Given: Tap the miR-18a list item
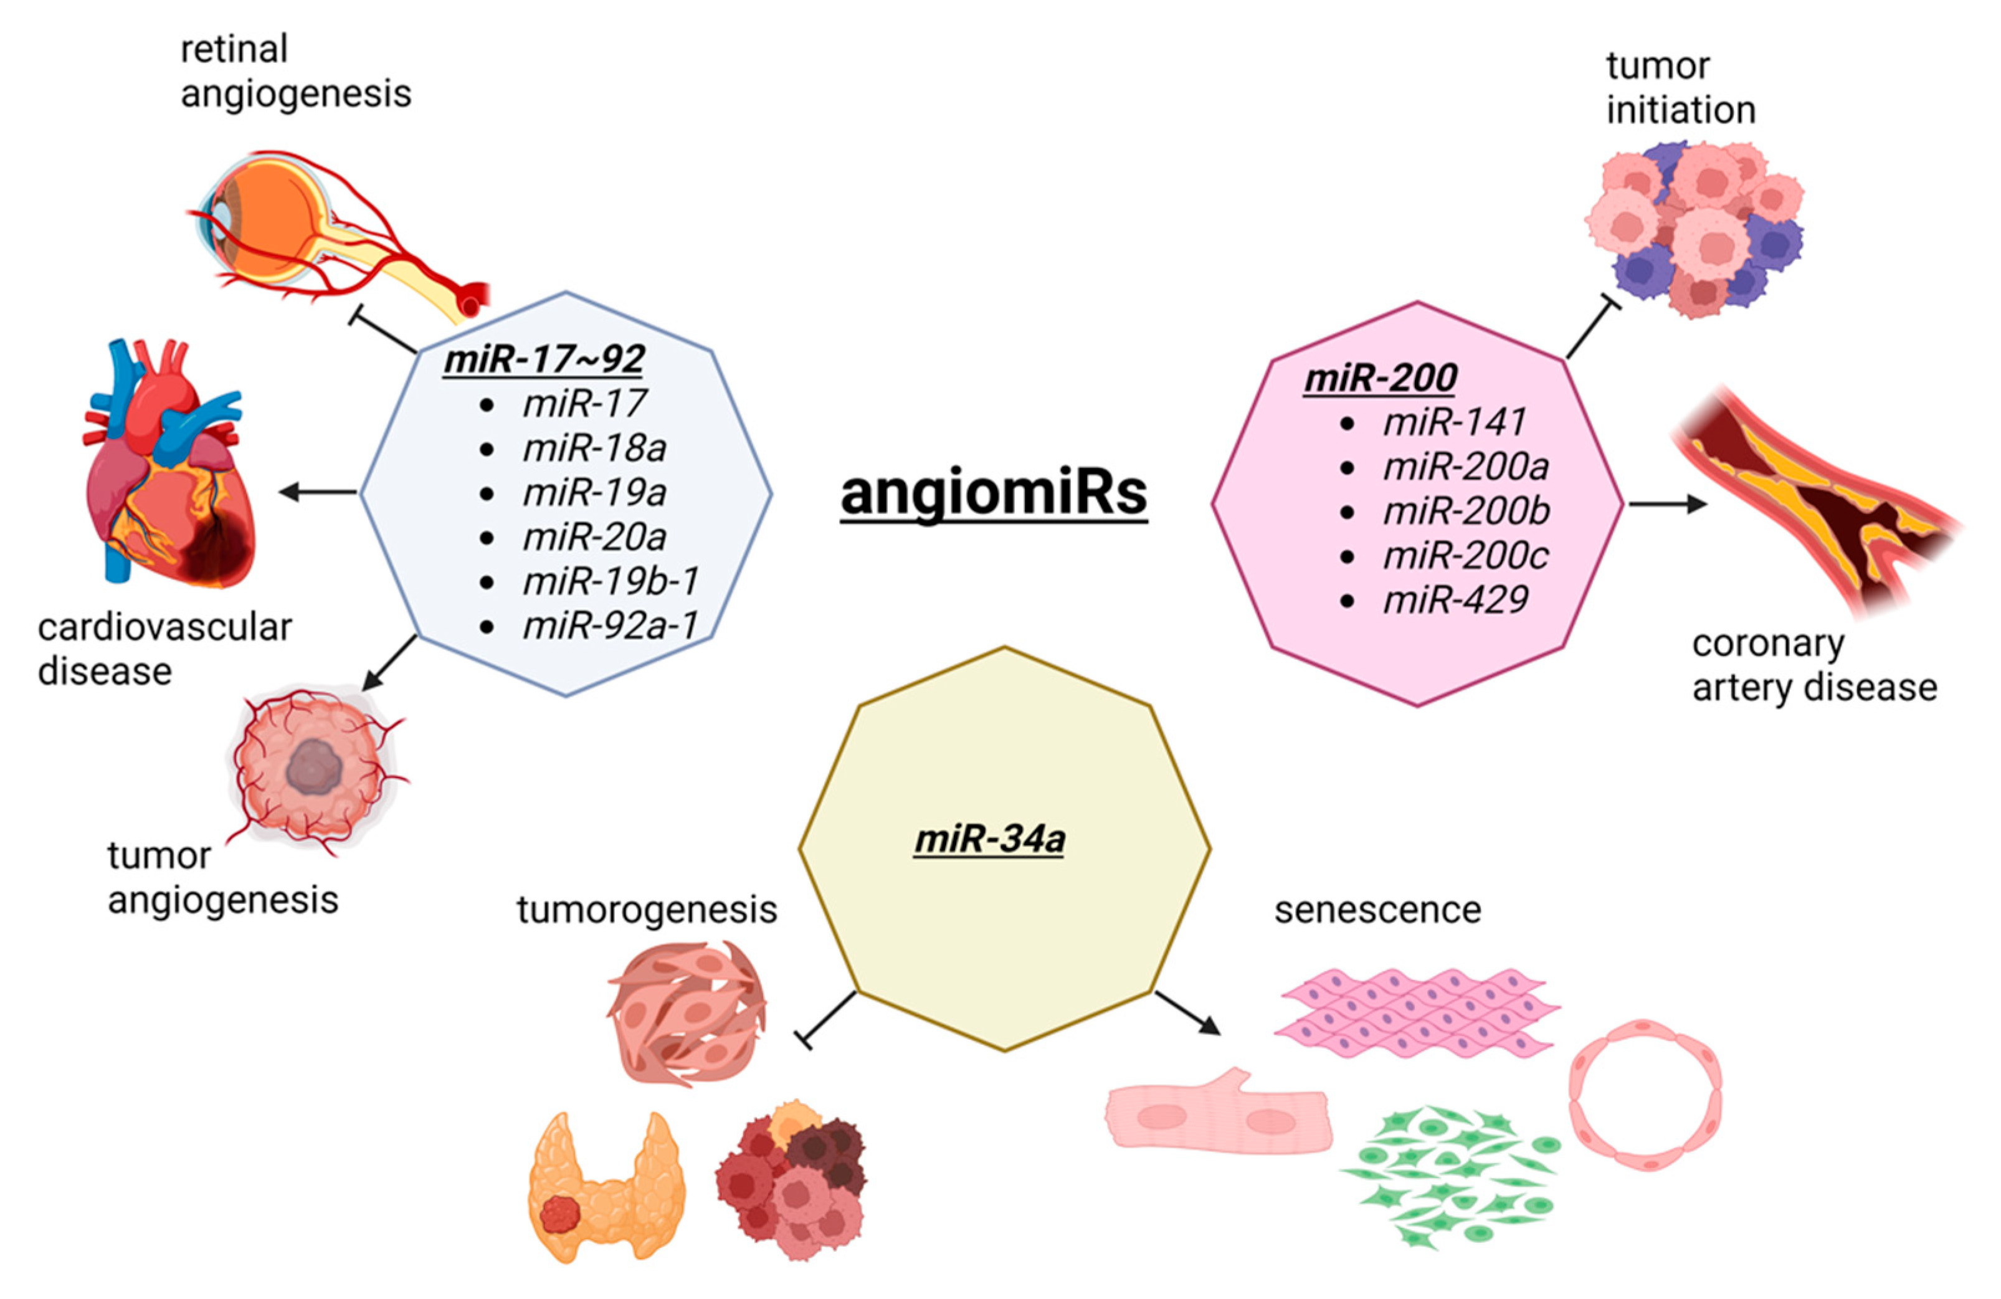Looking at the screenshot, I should point(594,448).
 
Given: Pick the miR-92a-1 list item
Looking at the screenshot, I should point(609,626).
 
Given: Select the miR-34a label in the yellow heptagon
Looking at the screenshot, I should point(989,838).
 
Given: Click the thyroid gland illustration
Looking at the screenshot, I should point(606,1187).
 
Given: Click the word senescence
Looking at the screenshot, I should point(1376,910).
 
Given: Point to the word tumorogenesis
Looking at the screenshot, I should point(645,910).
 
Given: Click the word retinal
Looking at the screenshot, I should point(234,49).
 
